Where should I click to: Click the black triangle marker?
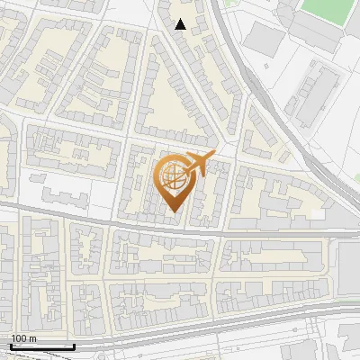tap(181, 24)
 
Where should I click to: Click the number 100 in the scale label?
tap(20, 338)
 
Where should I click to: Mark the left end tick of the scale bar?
tap(11, 346)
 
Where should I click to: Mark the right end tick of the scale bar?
tap(74, 346)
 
